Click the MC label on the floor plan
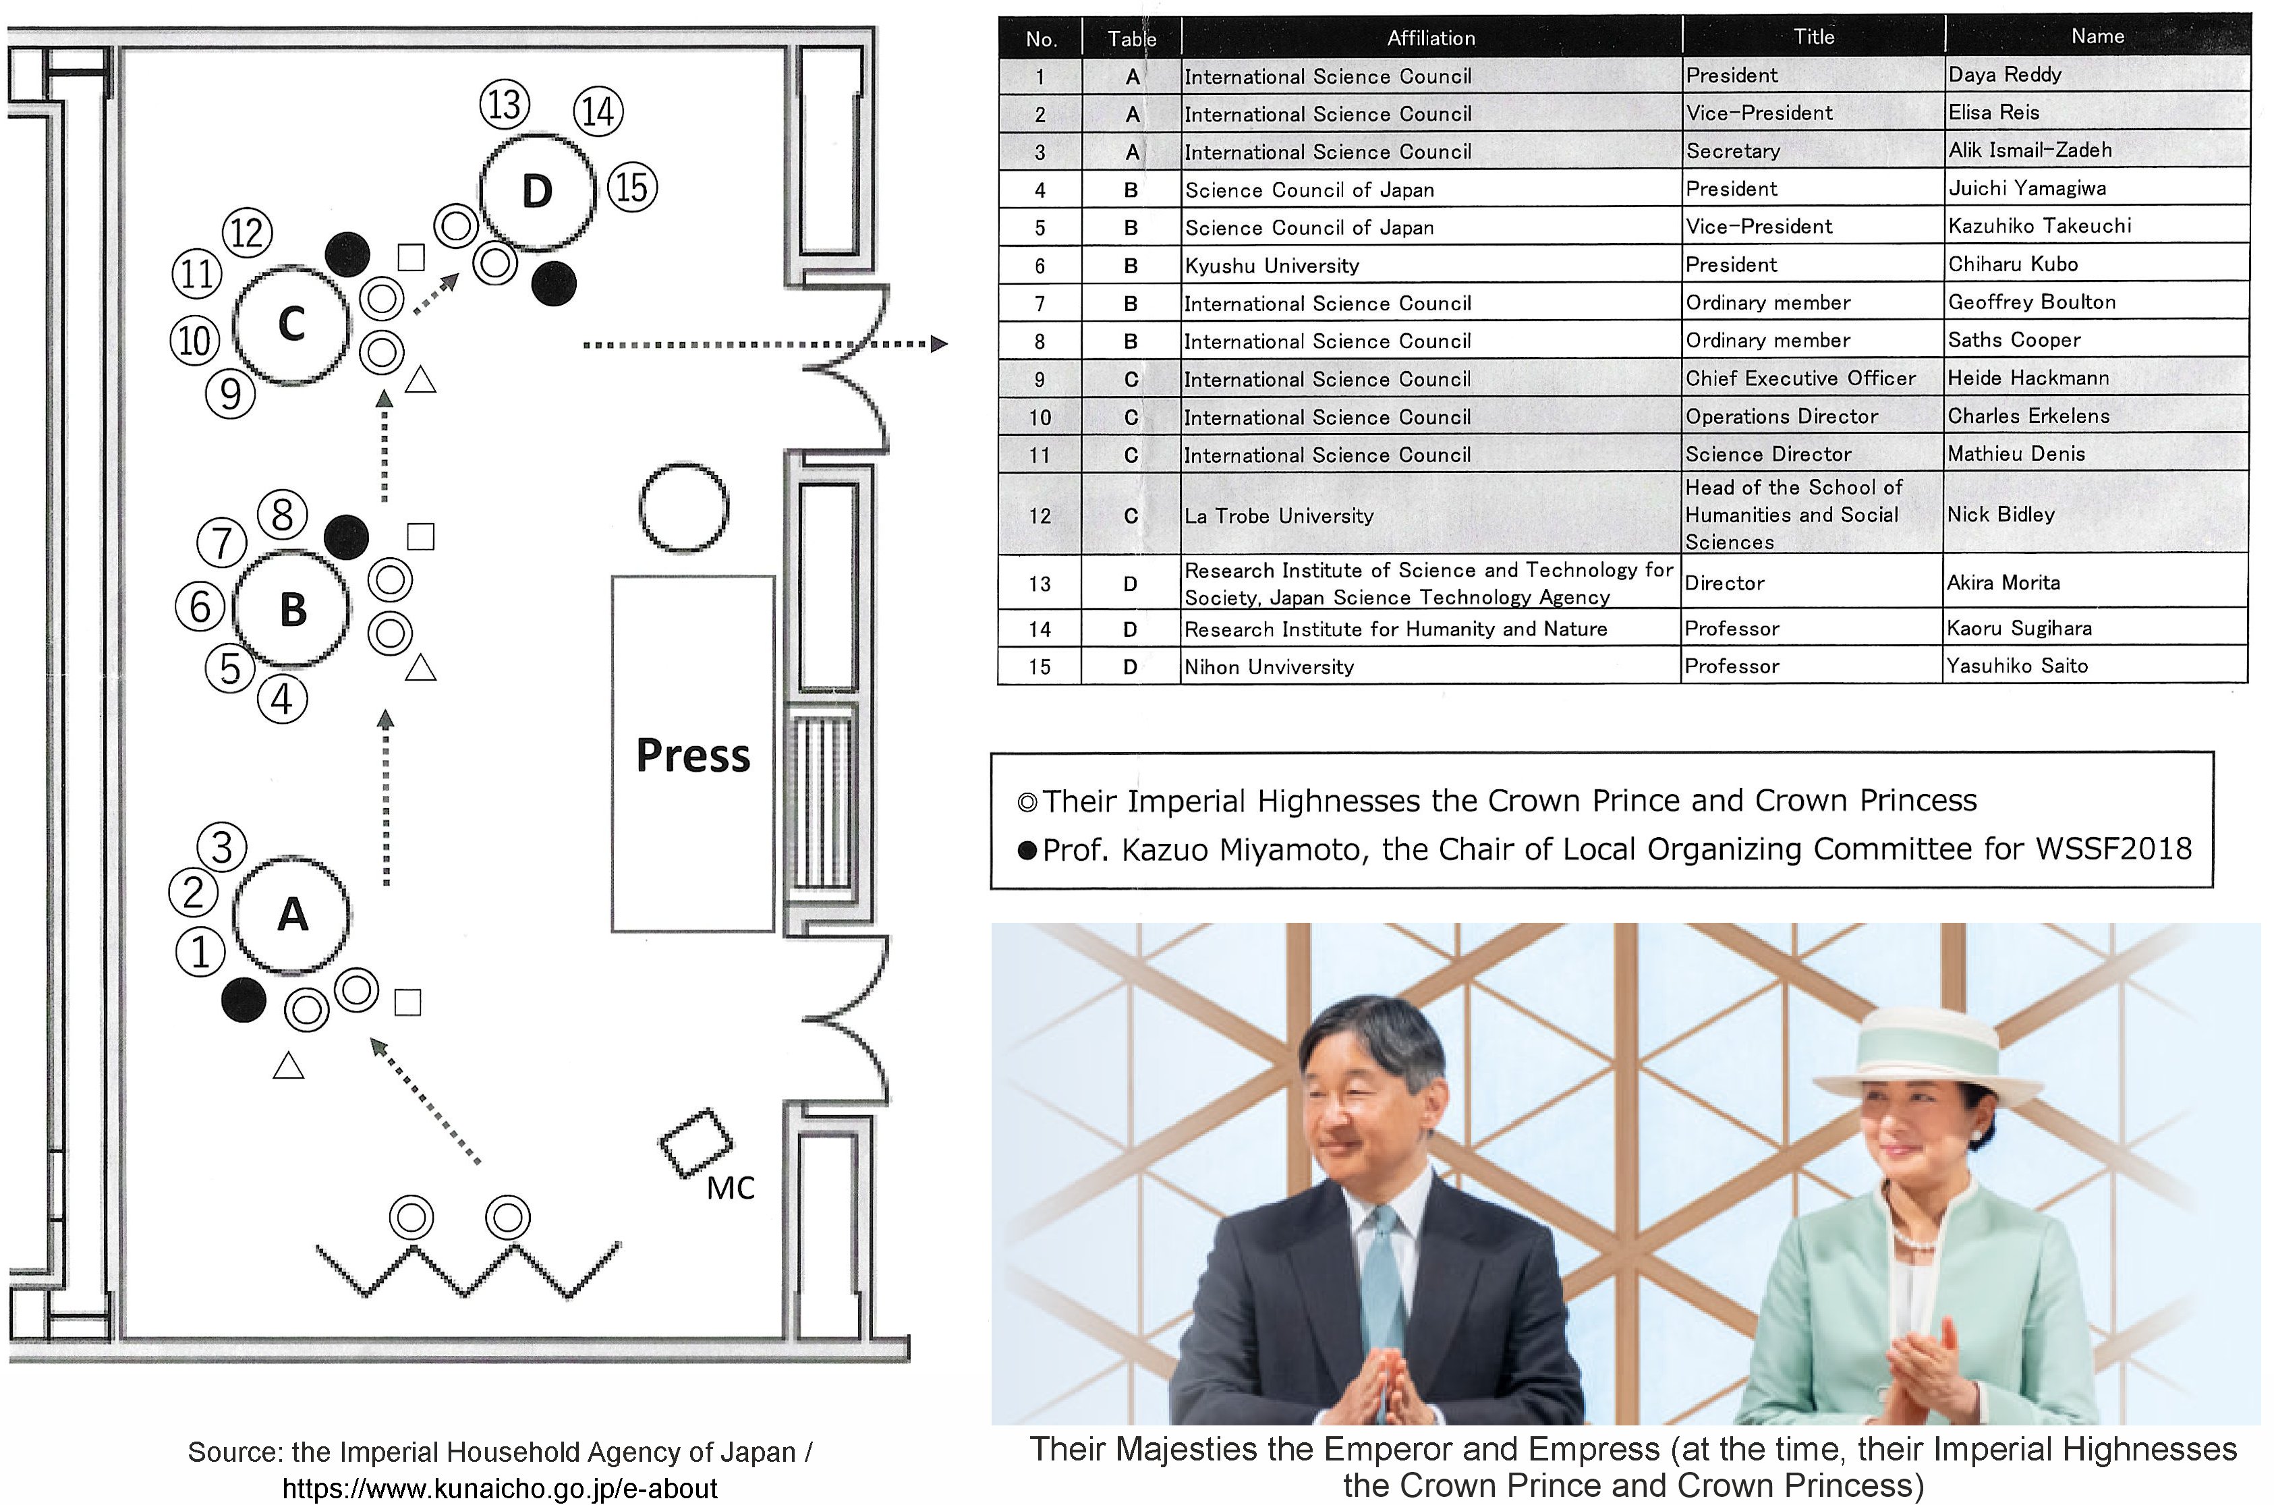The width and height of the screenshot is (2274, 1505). coord(731,1188)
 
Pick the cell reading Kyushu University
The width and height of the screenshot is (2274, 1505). coord(1271,265)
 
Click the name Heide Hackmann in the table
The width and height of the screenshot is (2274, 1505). coord(2028,377)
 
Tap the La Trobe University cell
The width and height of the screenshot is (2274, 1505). coord(1278,515)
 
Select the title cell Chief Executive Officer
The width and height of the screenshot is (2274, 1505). coord(1800,378)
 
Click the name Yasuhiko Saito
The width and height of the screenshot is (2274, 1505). coord(2017,665)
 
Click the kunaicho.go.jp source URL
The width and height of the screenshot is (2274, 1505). coord(499,1487)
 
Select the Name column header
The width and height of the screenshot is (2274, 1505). coord(2097,36)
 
